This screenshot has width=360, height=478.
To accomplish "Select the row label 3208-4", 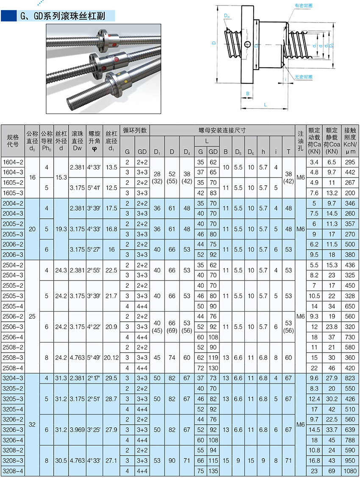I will tap(13, 471).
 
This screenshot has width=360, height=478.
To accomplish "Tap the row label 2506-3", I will tap(13, 327).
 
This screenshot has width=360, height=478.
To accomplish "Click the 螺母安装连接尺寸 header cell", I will tap(222, 130).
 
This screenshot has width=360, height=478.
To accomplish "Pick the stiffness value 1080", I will tap(350, 471).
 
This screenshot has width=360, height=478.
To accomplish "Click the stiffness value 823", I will tap(350, 378).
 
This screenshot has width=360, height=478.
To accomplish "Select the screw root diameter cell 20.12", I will tap(111, 358).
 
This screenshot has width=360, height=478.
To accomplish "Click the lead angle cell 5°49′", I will tap(94, 358).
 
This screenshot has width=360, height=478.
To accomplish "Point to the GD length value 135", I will tap(213, 471).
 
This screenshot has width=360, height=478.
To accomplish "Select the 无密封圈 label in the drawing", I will tap(303, 77).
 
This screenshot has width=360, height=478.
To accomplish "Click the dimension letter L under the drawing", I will tap(265, 105).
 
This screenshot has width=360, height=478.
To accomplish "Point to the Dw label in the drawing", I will tap(227, 17).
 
